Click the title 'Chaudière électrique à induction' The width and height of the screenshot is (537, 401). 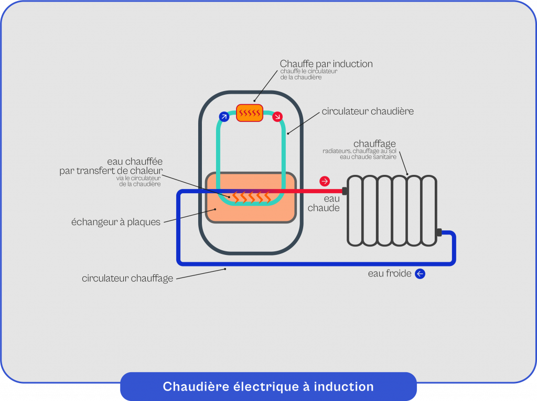point(268,387)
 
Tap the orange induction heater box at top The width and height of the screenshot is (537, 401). point(250,113)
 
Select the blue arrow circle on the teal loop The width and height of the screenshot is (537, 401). point(224,116)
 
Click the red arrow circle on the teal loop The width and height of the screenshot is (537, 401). point(277,116)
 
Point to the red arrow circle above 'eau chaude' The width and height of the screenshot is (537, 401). point(325,181)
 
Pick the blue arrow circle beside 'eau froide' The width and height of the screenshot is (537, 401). point(420,273)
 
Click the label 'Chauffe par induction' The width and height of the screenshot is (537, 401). point(326,64)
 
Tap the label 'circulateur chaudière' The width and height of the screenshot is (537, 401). point(368,111)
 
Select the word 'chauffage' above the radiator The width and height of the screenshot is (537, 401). point(374,143)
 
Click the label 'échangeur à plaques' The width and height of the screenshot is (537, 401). point(115,222)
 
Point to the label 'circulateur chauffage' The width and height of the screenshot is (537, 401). point(127,279)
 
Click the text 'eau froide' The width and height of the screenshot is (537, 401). point(389,273)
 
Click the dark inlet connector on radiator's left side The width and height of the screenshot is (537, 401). point(345,191)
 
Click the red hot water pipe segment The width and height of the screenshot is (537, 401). point(309,191)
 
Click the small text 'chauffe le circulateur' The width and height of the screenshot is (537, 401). point(308,72)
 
